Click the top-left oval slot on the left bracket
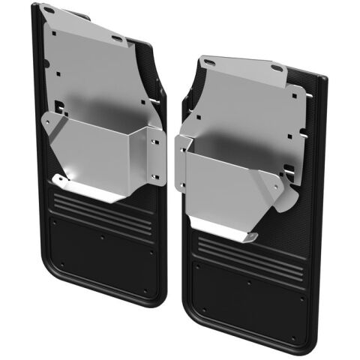(x=49, y=10)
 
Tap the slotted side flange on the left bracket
(x=155, y=154)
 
